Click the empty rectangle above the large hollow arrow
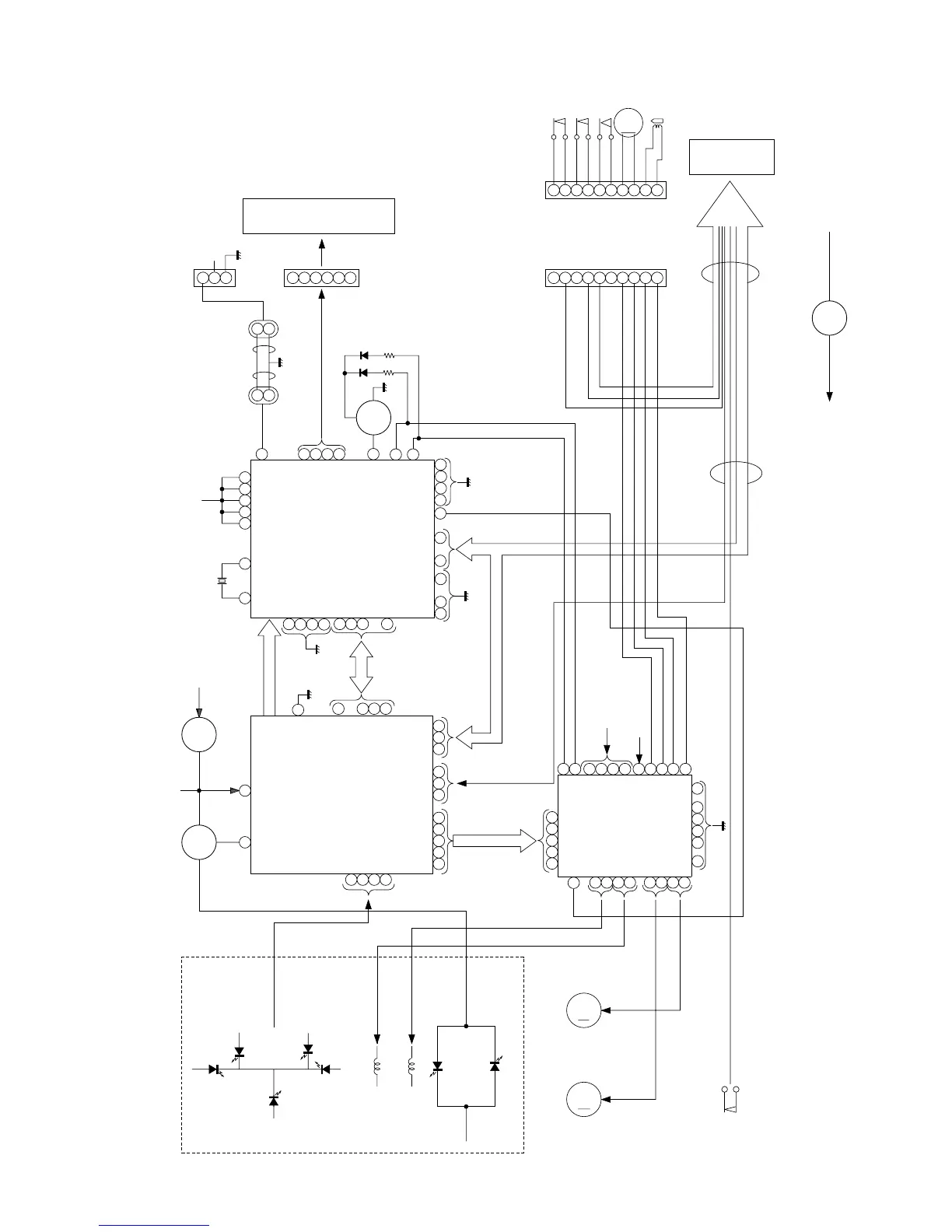click(x=731, y=157)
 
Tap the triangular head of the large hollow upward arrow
click(x=730, y=204)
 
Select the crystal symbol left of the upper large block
click(x=222, y=581)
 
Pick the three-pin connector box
click(x=214, y=278)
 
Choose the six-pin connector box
click(x=320, y=278)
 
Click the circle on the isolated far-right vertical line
click(x=829, y=318)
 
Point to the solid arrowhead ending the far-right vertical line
click(x=830, y=395)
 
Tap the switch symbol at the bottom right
click(x=730, y=1097)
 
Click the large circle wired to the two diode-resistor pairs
click(x=373, y=418)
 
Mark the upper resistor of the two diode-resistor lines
click(x=390, y=355)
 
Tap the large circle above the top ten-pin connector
click(x=628, y=122)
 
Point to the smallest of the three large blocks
click(x=625, y=826)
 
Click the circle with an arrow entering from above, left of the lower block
click(x=199, y=734)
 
